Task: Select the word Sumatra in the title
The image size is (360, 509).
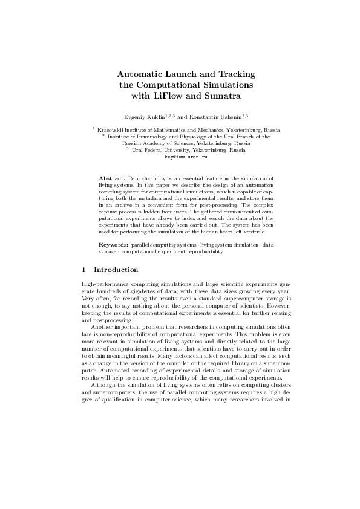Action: (223, 96)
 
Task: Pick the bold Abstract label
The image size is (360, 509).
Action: (112, 179)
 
